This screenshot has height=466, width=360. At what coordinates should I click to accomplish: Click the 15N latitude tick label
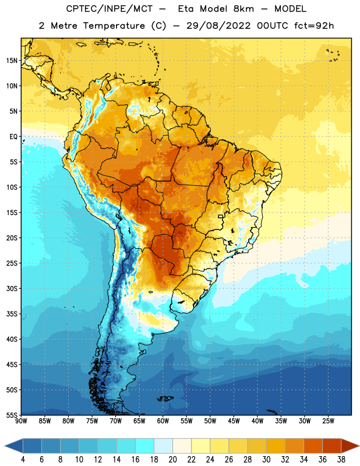tap(12, 61)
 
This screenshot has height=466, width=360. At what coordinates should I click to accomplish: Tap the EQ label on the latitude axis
tap(13, 137)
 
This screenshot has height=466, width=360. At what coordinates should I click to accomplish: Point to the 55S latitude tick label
tap(12, 415)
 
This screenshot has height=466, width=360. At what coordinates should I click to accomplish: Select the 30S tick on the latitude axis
tap(12, 288)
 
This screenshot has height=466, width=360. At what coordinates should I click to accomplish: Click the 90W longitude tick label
tap(22, 421)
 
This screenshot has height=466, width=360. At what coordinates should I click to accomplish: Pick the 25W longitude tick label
tap(328, 421)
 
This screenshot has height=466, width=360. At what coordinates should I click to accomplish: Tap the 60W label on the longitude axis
tap(163, 421)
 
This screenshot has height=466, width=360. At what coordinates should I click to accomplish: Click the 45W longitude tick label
tap(234, 421)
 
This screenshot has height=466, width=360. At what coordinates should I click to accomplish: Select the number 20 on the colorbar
tap(172, 460)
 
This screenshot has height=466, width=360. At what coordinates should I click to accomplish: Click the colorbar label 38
tap(341, 460)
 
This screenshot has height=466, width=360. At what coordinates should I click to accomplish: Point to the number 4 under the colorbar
tap(23, 460)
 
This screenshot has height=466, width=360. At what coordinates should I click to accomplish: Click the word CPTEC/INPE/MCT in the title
tap(109, 9)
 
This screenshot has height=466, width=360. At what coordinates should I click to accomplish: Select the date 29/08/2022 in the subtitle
tap(218, 26)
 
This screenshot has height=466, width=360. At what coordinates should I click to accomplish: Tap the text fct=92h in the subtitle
tap(314, 26)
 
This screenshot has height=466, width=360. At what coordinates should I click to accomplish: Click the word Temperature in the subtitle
tap(114, 26)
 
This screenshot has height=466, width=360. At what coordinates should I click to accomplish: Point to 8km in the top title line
tap(243, 9)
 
